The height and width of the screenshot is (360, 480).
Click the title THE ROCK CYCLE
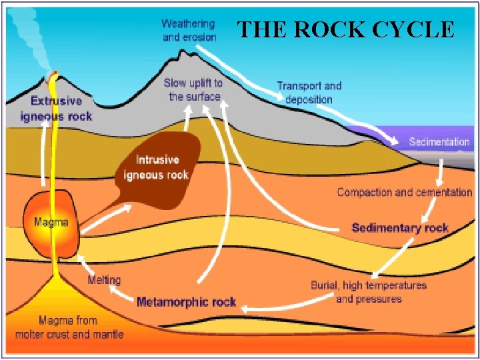pos(346,29)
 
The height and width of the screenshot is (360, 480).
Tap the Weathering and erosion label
pos(189,31)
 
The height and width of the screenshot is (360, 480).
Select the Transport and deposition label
pos(309,92)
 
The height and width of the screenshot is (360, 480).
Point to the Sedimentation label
pos(439,142)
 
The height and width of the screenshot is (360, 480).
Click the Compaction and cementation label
pos(404,192)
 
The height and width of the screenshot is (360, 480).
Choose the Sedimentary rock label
pos(400,227)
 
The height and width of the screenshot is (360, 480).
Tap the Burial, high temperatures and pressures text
pos(369,292)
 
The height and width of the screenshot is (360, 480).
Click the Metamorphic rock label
pos(186,302)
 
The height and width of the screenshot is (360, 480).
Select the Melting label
pos(104,279)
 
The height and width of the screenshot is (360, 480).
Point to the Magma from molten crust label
pos(69,327)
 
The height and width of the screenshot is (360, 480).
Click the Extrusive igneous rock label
pos(56,109)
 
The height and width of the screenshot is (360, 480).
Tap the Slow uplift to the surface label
pos(194,89)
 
